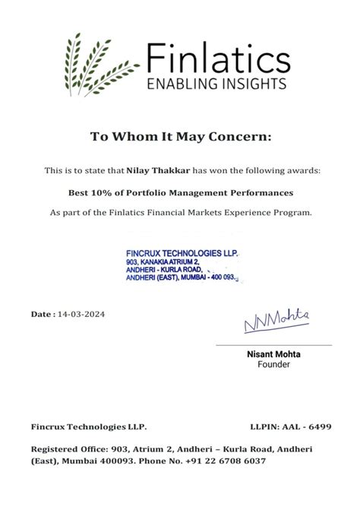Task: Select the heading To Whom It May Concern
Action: [180, 137]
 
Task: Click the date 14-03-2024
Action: [81, 314]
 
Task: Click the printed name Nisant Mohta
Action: [273, 354]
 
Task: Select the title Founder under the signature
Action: [273, 365]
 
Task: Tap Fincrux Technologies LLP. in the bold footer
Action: [89, 428]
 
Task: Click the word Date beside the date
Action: [41, 314]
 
